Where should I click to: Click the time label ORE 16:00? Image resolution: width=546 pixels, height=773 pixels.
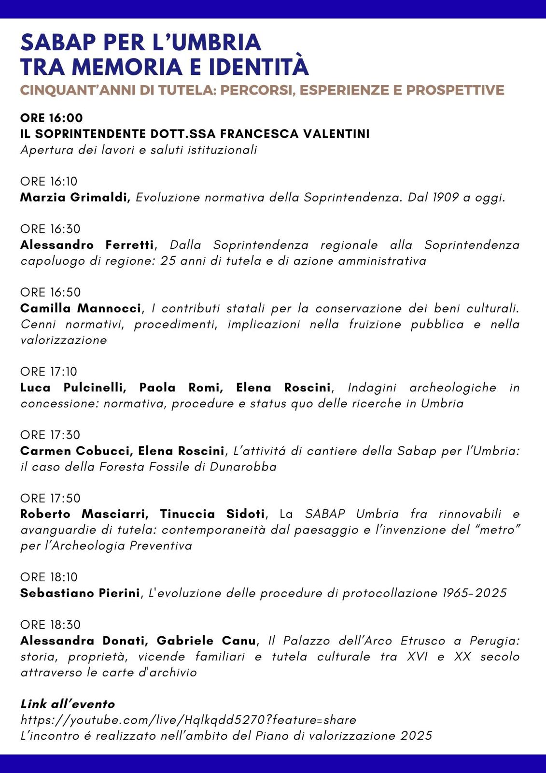[x=52, y=118]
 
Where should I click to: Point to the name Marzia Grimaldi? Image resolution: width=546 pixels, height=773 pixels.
[x=75, y=198]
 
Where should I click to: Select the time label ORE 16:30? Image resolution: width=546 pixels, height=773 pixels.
[x=50, y=229]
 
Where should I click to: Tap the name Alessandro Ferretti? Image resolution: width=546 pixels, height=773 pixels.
[x=87, y=245]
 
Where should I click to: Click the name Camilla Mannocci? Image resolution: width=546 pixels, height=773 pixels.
[x=81, y=308]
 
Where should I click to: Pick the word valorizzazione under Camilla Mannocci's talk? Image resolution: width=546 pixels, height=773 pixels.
[x=64, y=340]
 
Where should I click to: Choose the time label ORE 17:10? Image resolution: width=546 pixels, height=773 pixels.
[x=49, y=372]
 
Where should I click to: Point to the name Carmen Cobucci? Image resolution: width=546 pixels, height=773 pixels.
[x=76, y=451]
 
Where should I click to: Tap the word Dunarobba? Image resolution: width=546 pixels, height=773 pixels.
[x=243, y=467]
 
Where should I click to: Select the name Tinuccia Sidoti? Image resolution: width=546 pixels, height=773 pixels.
[x=212, y=514]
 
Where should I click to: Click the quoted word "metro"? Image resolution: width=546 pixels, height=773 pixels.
[x=497, y=530]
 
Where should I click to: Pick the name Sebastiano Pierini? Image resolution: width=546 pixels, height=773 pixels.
[x=80, y=593]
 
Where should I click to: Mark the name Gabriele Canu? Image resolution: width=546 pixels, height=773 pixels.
[x=206, y=641]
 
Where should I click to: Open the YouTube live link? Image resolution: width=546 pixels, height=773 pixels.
[x=188, y=720]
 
